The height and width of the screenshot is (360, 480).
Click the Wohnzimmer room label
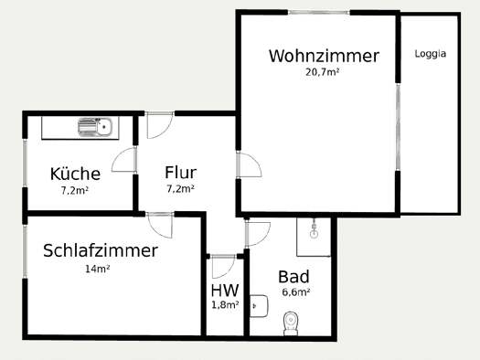pyautogui.click(x=324, y=56)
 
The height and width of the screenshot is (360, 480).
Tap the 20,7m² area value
pyautogui.click(x=323, y=72)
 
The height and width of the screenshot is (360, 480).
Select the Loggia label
pyautogui.click(x=430, y=54)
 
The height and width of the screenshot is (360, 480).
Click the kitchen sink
pyautogui.click(x=95, y=127)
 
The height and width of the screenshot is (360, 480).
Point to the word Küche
pyautogui.click(x=75, y=174)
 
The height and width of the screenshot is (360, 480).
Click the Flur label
pyautogui.click(x=181, y=172)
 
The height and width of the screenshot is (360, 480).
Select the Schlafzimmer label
pyautogui.click(x=101, y=250)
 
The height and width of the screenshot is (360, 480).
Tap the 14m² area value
pyautogui.click(x=97, y=269)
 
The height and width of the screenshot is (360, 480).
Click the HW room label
pyautogui.click(x=225, y=290)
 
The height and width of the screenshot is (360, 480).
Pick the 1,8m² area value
pyautogui.click(x=225, y=304)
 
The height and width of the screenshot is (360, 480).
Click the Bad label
pyautogui.click(x=293, y=277)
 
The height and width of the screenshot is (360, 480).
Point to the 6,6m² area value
pyautogui.click(x=295, y=292)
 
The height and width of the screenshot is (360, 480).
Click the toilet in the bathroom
pyautogui.click(x=291, y=323)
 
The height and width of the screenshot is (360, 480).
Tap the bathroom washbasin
pyautogui.click(x=259, y=306)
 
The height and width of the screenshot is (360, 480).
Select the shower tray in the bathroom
pyautogui.click(x=314, y=237)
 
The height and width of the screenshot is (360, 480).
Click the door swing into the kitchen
pyautogui.click(x=124, y=160)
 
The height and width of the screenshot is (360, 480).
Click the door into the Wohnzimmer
pyautogui.click(x=249, y=164)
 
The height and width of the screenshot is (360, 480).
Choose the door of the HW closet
pyautogui.click(x=223, y=267)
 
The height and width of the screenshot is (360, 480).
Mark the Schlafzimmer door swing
pyautogui.click(x=160, y=225)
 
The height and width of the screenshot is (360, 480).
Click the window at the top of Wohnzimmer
pyautogui.click(x=319, y=12)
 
